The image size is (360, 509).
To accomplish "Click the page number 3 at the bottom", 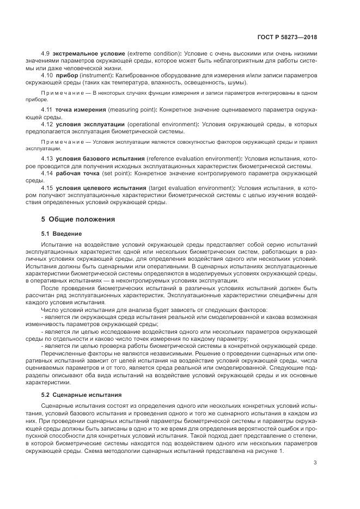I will [315, 463].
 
